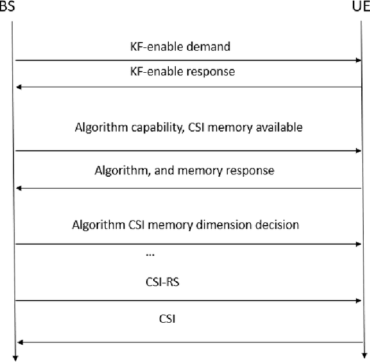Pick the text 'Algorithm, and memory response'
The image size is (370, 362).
point(184,171)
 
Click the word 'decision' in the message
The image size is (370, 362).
point(276,225)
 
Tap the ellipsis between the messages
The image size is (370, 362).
point(150,254)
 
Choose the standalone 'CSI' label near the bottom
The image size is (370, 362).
point(165,317)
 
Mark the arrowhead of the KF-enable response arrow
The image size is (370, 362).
point(18,87)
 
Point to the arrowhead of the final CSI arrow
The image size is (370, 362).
point(18,342)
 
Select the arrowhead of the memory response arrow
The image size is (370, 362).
point(18,188)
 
